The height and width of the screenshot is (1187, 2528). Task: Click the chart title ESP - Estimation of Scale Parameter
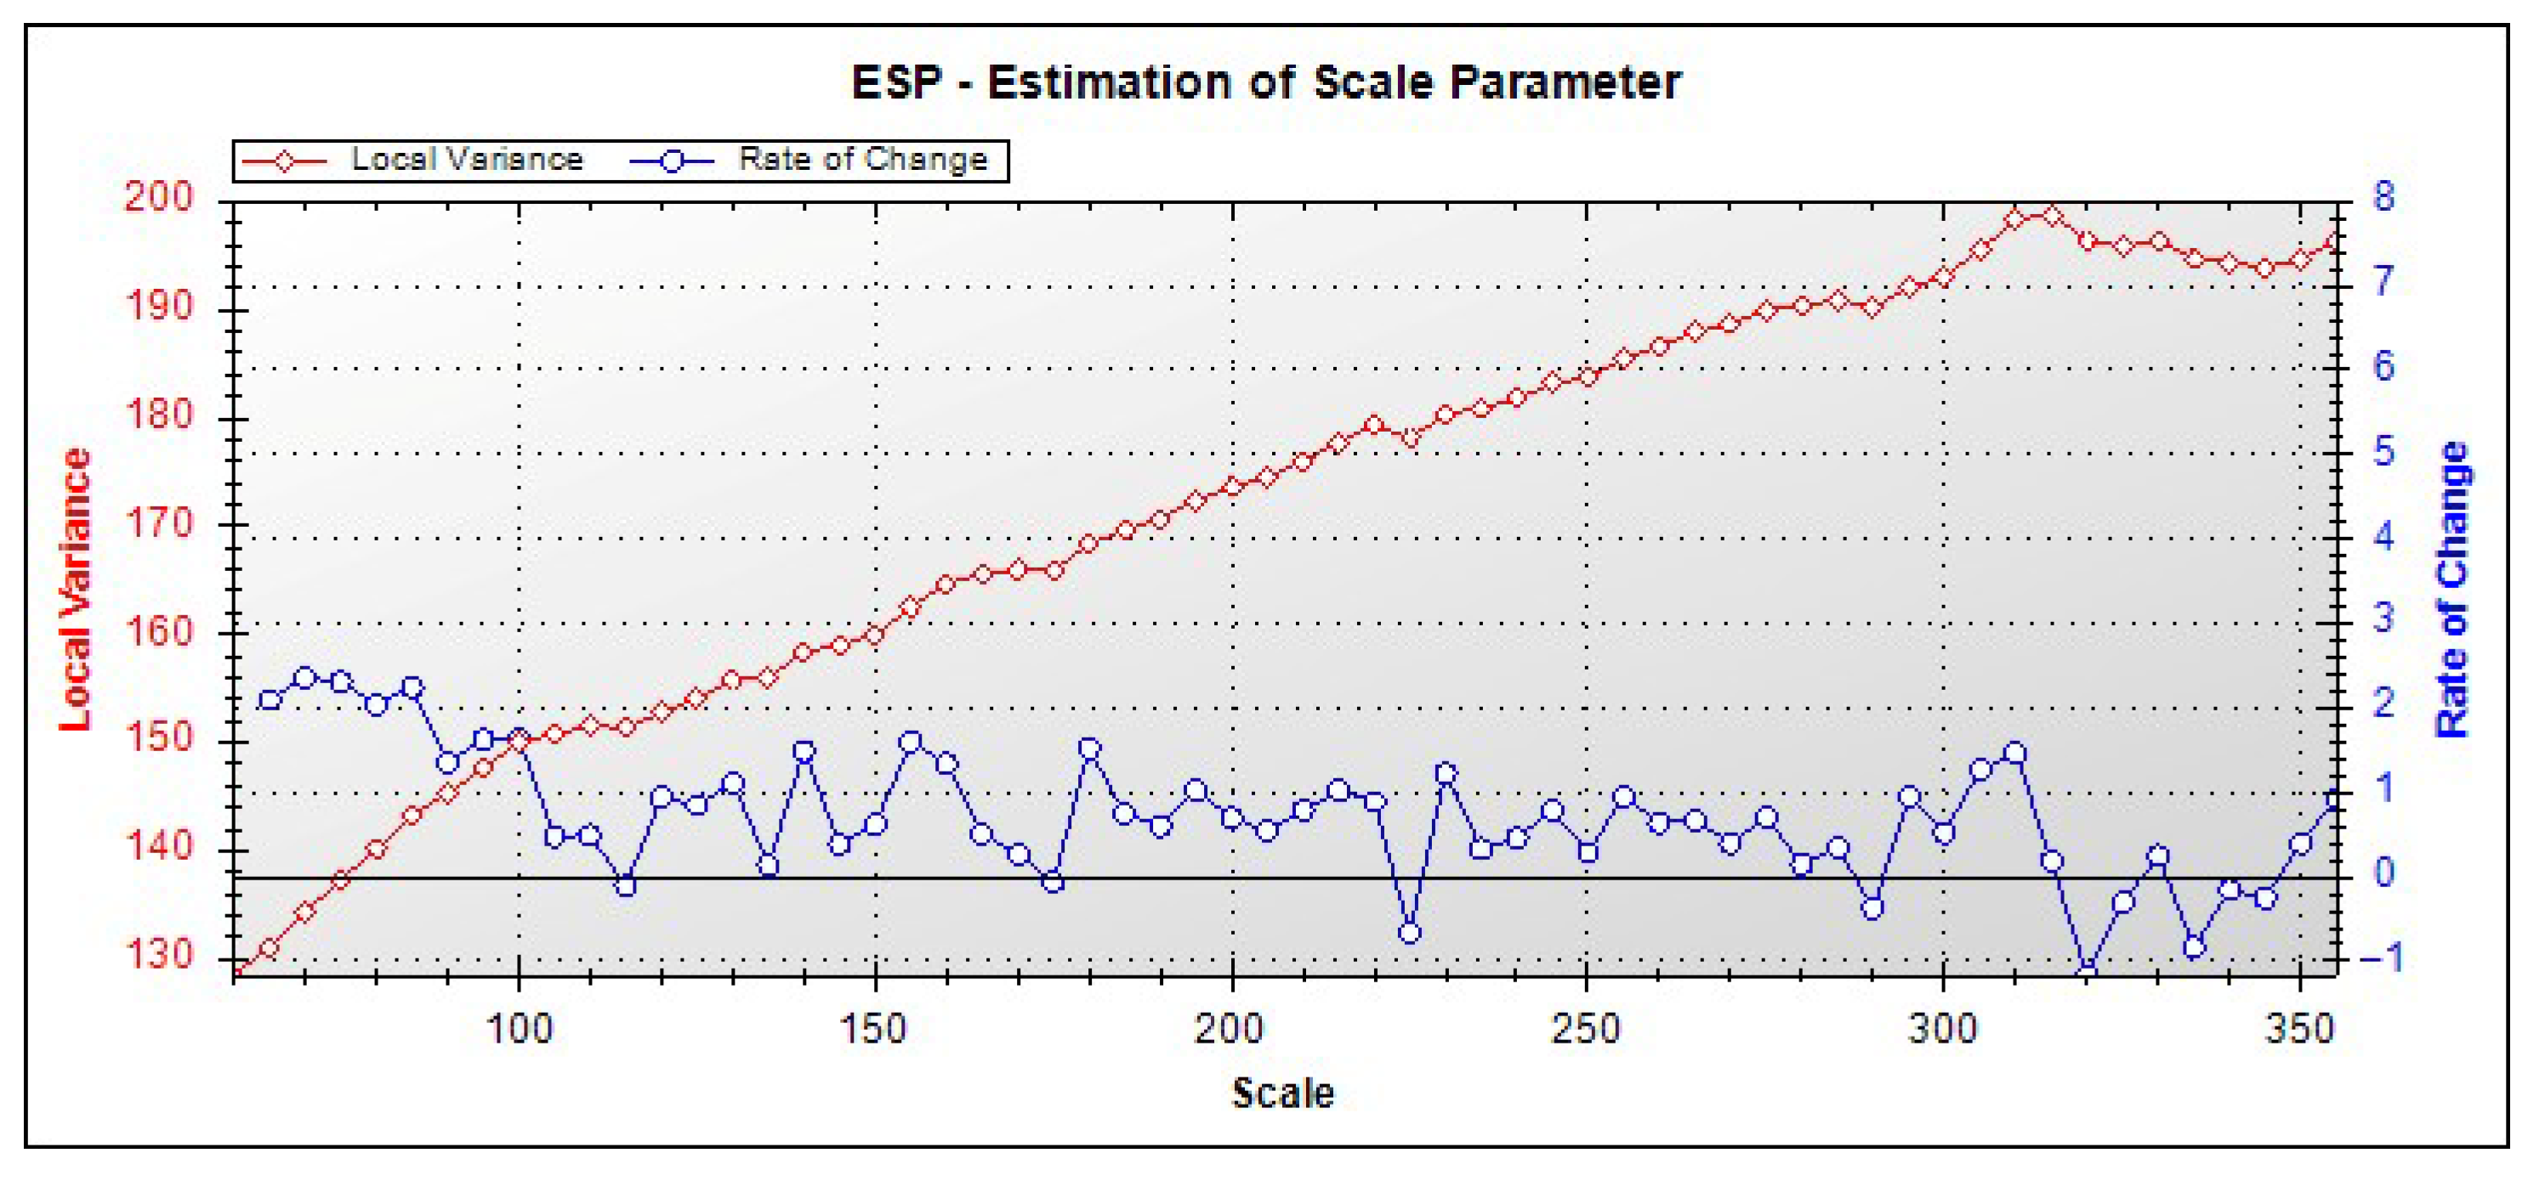pyautogui.click(x=1266, y=82)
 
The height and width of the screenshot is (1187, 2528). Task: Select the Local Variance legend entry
pyautogui.click(x=466, y=159)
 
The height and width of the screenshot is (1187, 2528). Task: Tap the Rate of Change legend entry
pyautogui.click(x=861, y=159)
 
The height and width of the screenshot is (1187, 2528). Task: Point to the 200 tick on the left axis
pyautogui.click(x=159, y=198)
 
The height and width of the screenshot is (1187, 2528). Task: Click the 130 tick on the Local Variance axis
pyautogui.click(x=159, y=954)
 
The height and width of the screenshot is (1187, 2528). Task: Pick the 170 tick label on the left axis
pyautogui.click(x=159, y=523)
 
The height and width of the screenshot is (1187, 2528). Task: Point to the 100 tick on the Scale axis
pyautogui.click(x=520, y=1029)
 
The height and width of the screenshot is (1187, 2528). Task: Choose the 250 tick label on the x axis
pyautogui.click(x=1586, y=1029)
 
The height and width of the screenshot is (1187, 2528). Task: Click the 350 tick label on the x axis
pyautogui.click(x=2299, y=1029)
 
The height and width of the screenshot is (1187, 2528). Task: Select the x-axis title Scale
pyautogui.click(x=1282, y=1093)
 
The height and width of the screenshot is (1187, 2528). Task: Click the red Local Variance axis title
pyautogui.click(x=76, y=589)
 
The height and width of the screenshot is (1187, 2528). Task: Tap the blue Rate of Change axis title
pyautogui.click(x=2452, y=589)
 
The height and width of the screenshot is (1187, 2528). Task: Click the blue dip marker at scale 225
pyautogui.click(x=1409, y=933)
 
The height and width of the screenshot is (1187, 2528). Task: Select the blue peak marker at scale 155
pyautogui.click(x=911, y=742)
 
